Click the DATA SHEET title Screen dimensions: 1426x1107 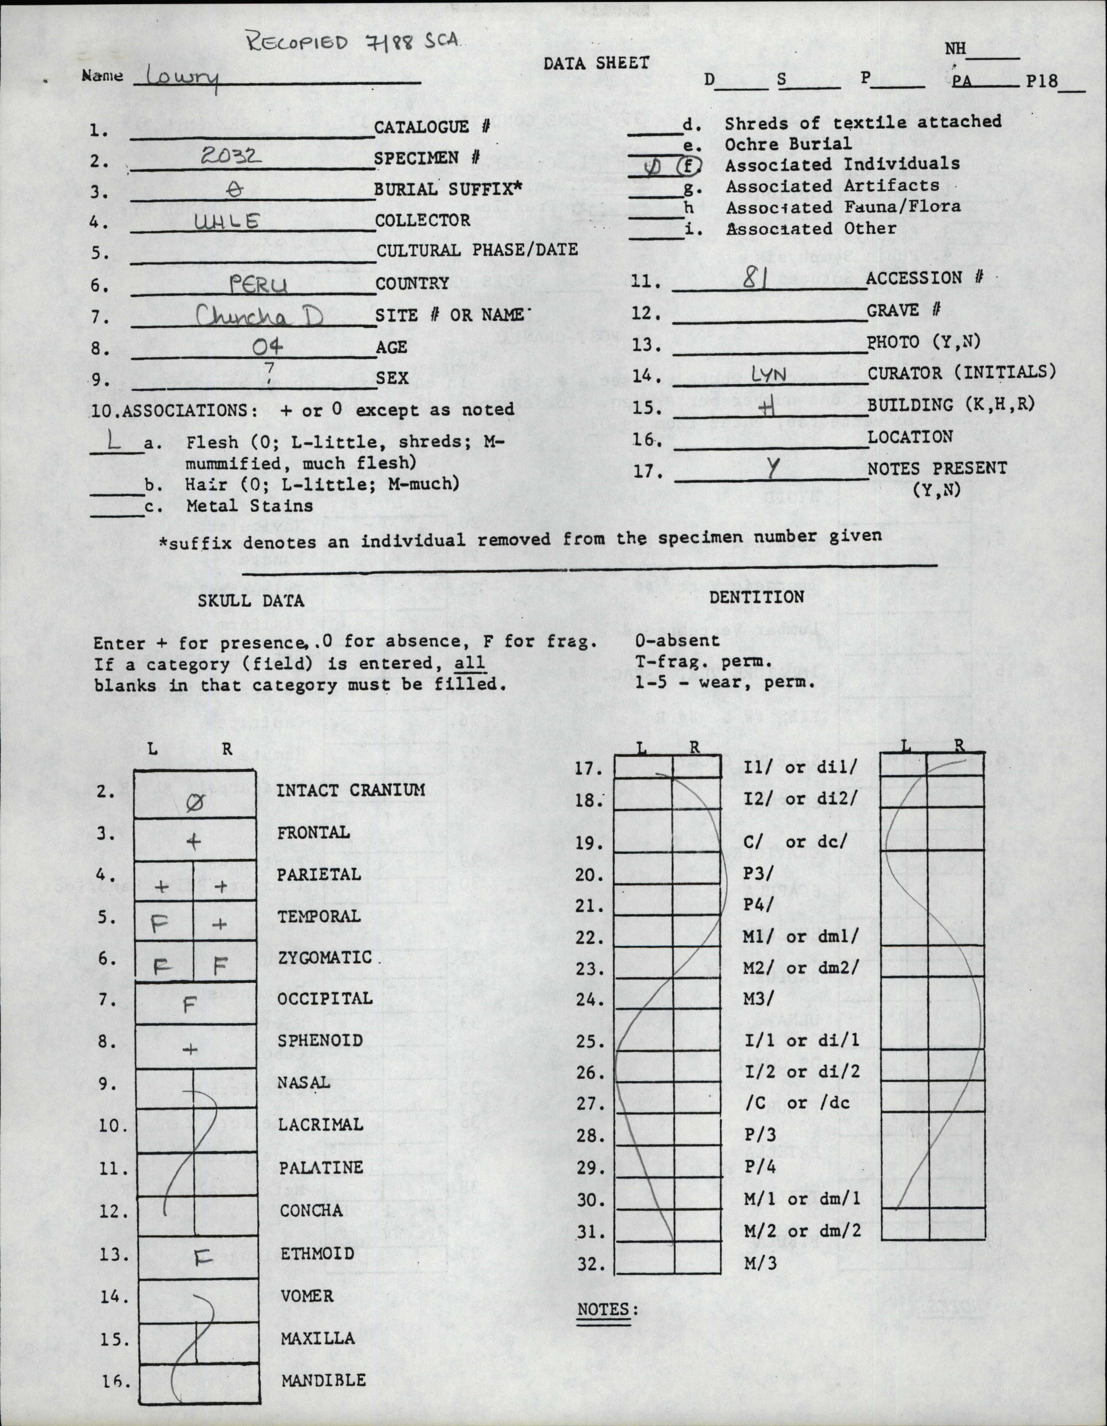[x=596, y=63]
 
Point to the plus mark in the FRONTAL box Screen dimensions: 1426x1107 [x=193, y=842]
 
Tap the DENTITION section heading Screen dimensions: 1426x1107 [x=757, y=596]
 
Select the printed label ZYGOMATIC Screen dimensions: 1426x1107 [x=324, y=958]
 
